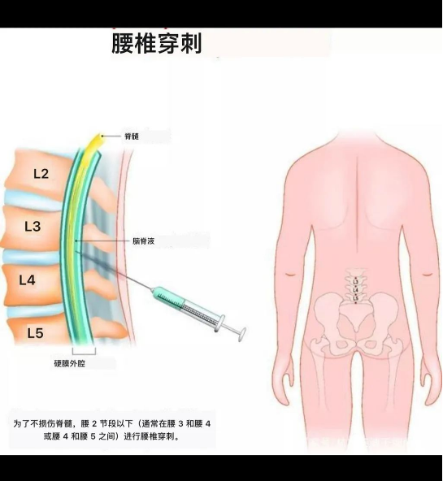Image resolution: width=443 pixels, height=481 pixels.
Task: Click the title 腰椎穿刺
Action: point(156,44)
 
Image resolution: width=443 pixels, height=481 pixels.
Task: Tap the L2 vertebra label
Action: point(41,174)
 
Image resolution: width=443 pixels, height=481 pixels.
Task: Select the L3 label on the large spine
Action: point(33,227)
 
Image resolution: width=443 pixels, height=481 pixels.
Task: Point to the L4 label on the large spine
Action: point(27,280)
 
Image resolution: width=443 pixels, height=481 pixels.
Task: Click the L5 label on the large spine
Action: point(35,333)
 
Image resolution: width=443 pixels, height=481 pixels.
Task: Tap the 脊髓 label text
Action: point(132,136)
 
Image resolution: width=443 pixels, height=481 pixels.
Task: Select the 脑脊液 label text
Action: point(144,241)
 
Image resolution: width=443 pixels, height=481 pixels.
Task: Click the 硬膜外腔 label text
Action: point(70,363)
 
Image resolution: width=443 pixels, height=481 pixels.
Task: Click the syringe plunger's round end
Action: point(242,334)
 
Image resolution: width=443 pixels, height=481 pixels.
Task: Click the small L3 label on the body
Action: point(355,281)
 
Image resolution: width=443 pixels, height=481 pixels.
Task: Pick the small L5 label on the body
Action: point(355,298)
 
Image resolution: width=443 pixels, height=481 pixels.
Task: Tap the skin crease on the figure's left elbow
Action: point(290,274)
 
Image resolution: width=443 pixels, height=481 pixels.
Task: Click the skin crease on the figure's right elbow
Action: point(428,274)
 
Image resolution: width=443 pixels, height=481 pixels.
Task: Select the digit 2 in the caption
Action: point(94,424)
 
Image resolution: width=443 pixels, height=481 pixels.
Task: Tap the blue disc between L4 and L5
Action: point(34,310)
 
